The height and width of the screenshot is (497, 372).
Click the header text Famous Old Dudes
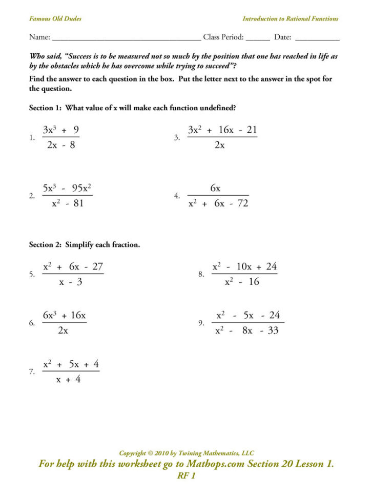coord(55,19)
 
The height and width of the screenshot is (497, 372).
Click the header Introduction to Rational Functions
coord(290,19)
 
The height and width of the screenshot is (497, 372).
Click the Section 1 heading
coord(132,108)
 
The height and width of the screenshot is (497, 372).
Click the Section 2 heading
coord(84,245)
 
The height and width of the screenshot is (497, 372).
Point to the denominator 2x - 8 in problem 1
coord(61,145)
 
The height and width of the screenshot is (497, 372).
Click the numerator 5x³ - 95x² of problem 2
coord(67,188)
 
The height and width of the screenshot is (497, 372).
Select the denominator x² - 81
coord(67,203)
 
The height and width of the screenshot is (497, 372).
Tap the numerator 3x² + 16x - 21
coord(222,130)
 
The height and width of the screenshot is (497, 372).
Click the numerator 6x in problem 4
coord(216,189)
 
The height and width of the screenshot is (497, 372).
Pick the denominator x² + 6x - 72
coord(218,203)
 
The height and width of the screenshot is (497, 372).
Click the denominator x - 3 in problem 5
coord(70,282)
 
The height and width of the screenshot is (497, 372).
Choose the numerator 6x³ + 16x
coord(64,316)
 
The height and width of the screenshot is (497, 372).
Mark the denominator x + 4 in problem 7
coord(68,380)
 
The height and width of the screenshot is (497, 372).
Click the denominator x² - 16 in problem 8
coord(242,282)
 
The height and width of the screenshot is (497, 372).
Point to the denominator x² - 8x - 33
coord(247,331)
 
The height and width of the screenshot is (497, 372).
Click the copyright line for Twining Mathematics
coord(187,453)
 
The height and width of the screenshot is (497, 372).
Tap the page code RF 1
coord(186,476)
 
